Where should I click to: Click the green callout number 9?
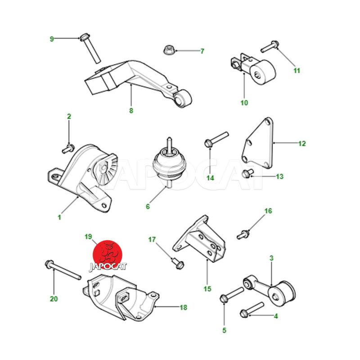click(x=52, y=39)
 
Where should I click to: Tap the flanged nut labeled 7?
click(x=169, y=50)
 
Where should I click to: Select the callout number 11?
click(x=297, y=71)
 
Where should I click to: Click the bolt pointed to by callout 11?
click(x=270, y=46)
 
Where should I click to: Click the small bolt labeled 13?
click(x=247, y=173)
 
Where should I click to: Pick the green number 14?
click(x=210, y=178)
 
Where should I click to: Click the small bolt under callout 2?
click(x=68, y=148)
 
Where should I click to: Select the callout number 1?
click(x=59, y=217)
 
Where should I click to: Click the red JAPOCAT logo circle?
click(x=108, y=255)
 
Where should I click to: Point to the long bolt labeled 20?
click(x=63, y=270)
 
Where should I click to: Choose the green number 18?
click(x=183, y=307)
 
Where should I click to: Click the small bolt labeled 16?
click(x=243, y=234)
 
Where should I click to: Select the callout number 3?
click(x=271, y=258)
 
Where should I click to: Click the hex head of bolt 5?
click(x=224, y=299)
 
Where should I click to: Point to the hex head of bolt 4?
click(x=244, y=313)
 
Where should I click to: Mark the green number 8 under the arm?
click(x=131, y=111)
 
